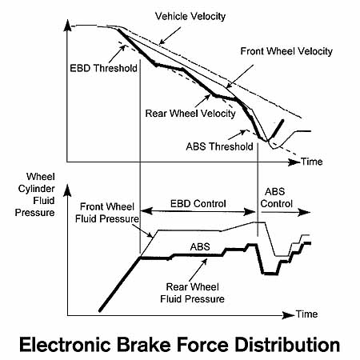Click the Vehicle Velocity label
(x=190, y=17)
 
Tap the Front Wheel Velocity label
(x=286, y=51)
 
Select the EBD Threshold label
(x=103, y=68)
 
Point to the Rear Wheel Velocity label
(x=190, y=114)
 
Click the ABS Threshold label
(x=219, y=146)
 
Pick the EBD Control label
(x=198, y=204)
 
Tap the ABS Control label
(x=276, y=198)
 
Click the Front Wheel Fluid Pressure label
(x=107, y=213)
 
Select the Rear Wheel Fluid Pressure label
(x=192, y=293)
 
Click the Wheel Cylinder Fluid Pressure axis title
(x=35, y=194)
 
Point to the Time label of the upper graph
(x=312, y=162)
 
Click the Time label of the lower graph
(x=307, y=314)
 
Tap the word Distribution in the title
(x=287, y=345)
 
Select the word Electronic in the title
(x=65, y=345)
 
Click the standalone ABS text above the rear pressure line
(x=200, y=247)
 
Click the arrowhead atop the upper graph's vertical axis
(x=67, y=26)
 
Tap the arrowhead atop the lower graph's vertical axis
(x=67, y=190)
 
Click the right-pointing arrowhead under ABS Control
(x=305, y=212)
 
